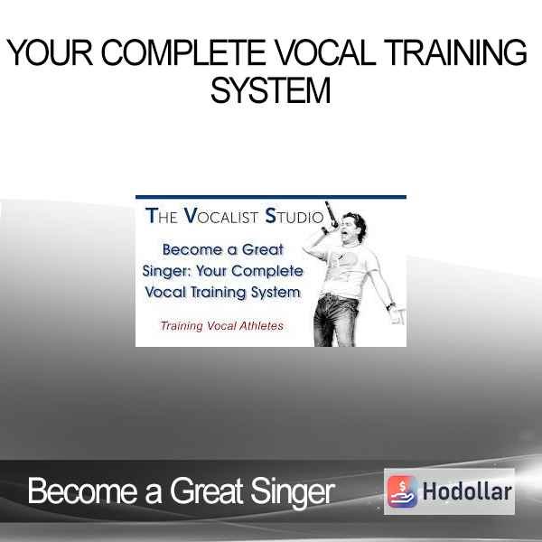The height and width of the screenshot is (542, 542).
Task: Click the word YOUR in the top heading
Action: [50, 52]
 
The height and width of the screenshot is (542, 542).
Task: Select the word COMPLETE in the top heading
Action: [183, 52]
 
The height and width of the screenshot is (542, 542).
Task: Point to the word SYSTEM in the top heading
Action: [271, 90]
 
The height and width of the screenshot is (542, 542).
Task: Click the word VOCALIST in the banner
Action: [221, 216]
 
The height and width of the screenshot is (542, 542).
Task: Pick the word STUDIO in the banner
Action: [294, 216]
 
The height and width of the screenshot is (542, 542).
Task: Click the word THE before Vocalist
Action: [162, 216]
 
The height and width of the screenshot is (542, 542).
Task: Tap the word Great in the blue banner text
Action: [262, 249]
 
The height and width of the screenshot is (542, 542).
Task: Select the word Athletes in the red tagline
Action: [261, 325]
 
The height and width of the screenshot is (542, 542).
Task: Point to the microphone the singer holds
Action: [332, 214]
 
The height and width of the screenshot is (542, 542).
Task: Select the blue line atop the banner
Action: [271, 197]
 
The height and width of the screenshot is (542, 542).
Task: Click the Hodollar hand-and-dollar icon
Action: [402, 491]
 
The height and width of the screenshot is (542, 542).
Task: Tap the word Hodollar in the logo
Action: [467, 491]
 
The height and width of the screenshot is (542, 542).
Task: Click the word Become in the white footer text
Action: [82, 491]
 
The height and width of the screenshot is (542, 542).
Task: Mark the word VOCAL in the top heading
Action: [325, 52]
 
